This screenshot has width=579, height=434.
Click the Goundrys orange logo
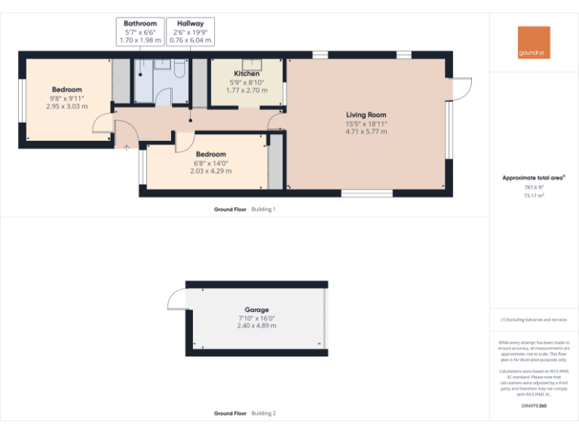[x=534, y=43]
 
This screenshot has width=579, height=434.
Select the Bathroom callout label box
[x=140, y=32]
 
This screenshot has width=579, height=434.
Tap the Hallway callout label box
[x=191, y=32]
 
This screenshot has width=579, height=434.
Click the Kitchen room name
[x=247, y=74]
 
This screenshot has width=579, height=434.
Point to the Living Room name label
[x=366, y=115]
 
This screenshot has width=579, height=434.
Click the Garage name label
[x=256, y=310]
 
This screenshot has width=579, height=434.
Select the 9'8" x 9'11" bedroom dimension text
[x=66, y=98]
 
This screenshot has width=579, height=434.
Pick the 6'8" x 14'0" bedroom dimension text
[x=210, y=163]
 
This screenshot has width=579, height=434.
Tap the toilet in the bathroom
[x=179, y=70]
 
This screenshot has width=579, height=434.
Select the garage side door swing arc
[x=176, y=301]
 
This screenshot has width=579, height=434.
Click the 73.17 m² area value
[x=534, y=195]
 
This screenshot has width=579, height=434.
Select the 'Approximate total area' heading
[x=532, y=178]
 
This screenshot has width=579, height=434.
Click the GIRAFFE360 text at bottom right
[x=534, y=406]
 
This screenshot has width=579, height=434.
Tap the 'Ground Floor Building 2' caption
[x=244, y=413]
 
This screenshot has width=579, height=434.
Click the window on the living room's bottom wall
[x=366, y=194]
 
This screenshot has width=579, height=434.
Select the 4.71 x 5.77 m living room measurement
[x=366, y=131]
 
